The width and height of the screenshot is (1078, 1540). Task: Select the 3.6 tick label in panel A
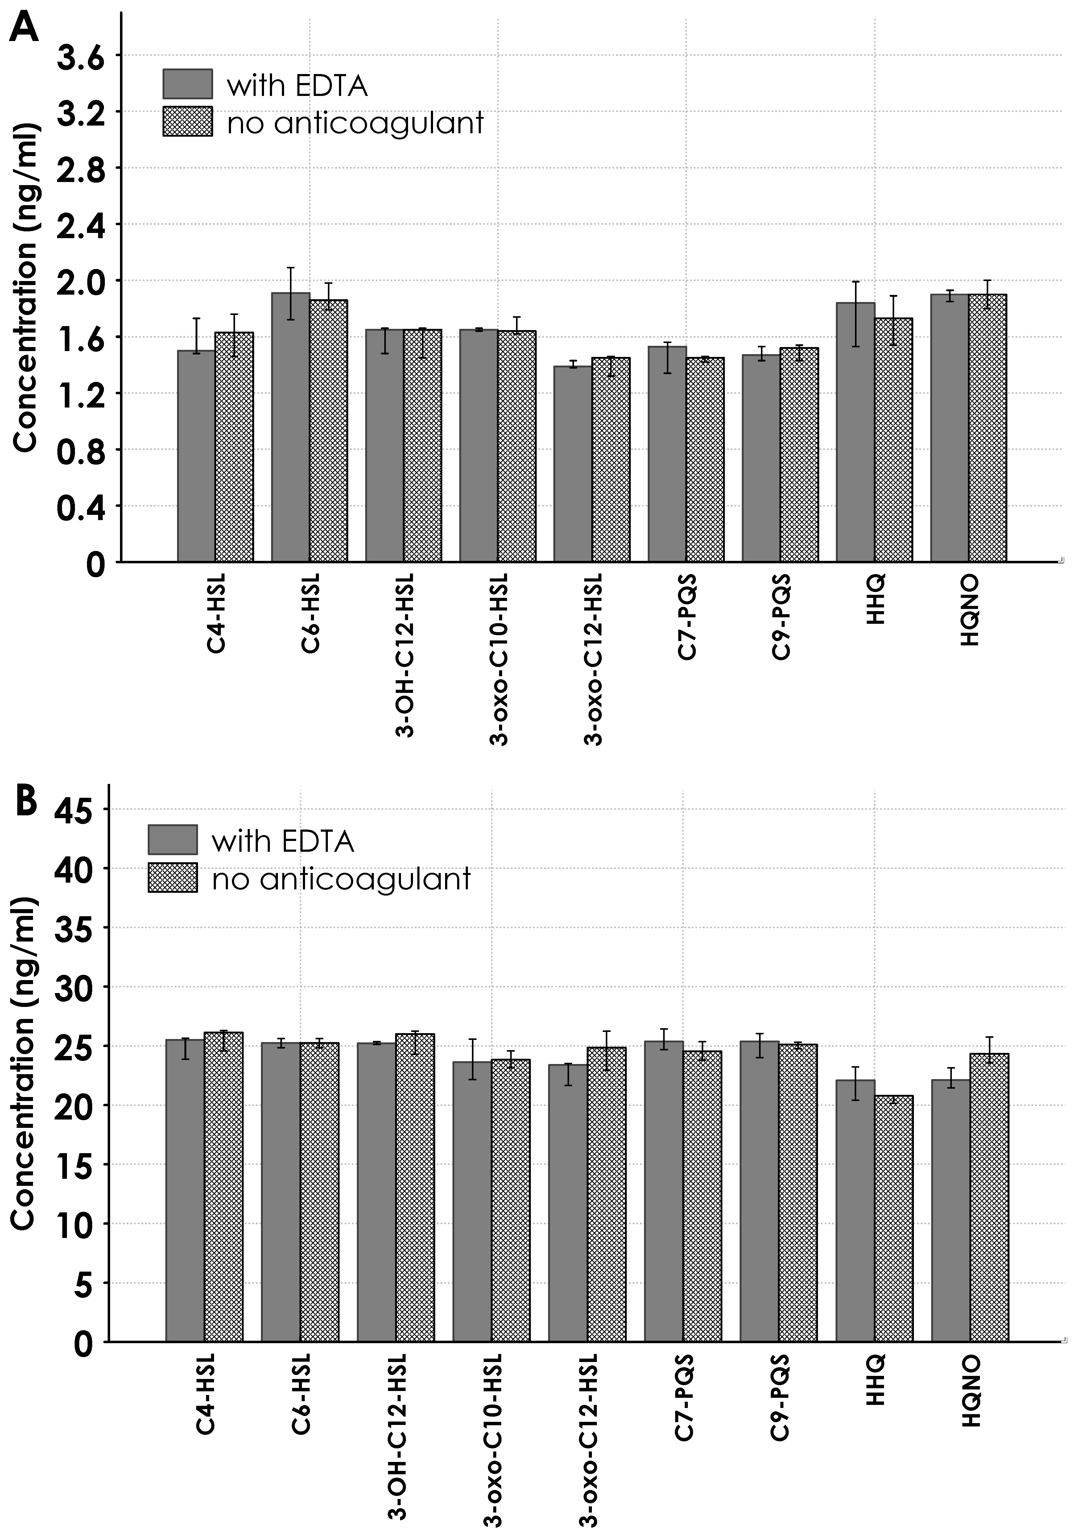point(81,59)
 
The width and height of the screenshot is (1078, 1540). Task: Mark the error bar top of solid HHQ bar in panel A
point(855,282)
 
